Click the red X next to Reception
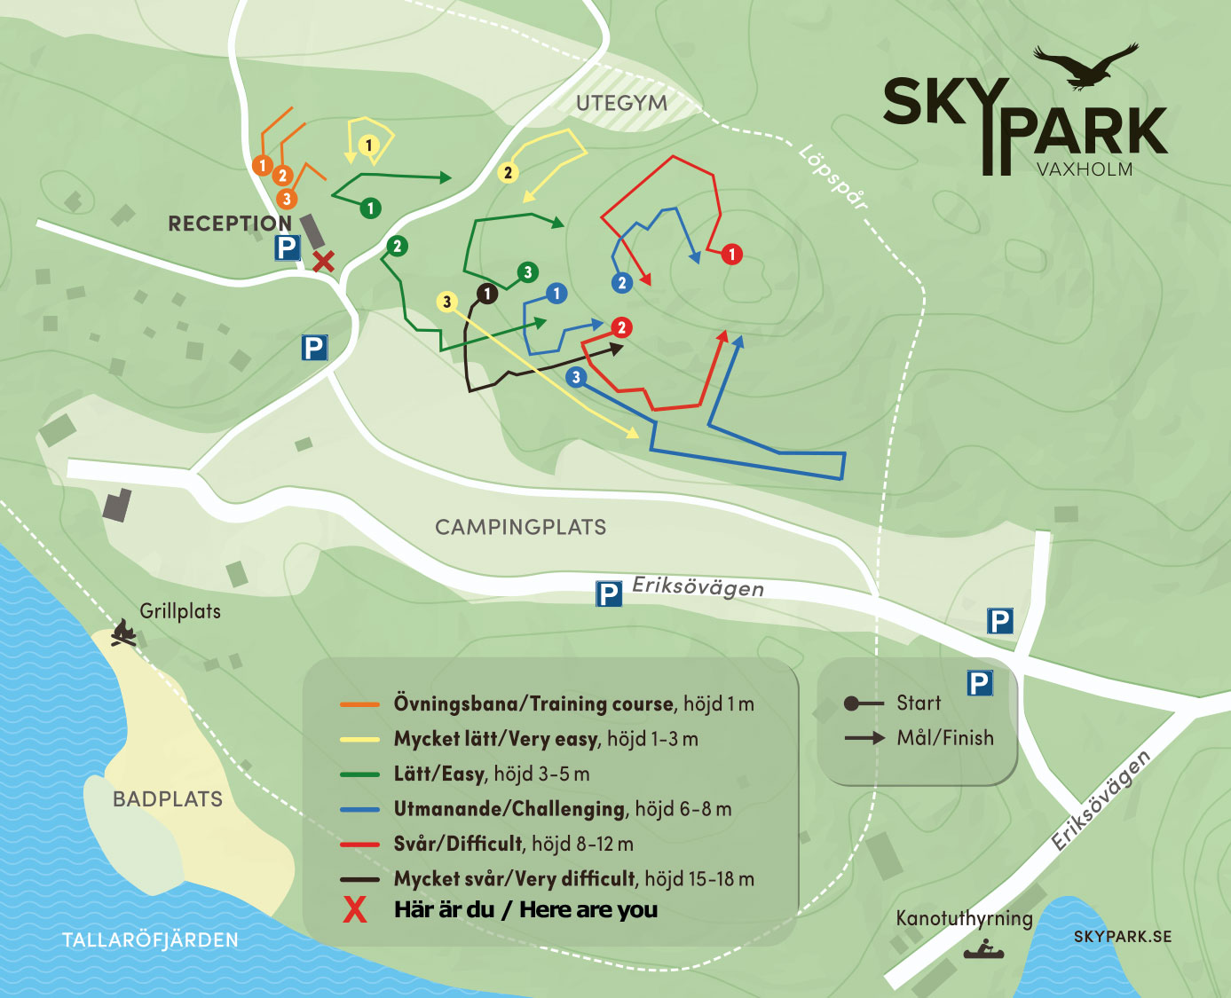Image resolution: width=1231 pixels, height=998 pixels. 324,261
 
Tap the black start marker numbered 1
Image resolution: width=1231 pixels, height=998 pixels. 487,294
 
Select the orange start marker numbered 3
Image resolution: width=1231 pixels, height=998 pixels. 286,199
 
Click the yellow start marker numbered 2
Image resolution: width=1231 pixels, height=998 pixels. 508,173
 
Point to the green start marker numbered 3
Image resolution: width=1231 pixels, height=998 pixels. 528,272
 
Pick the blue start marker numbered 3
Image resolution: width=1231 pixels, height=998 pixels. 576,377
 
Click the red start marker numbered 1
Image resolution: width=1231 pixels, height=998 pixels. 732,255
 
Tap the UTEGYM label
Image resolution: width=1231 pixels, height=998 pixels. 621,104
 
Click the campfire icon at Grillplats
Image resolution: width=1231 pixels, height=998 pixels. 123,633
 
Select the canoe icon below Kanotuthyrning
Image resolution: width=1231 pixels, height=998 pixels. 983,952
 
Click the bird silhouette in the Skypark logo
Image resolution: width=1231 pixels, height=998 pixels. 1087,67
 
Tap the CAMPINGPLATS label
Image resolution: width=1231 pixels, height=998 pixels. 520,527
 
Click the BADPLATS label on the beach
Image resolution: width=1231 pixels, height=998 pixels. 168,799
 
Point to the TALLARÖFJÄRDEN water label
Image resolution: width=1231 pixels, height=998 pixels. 150,940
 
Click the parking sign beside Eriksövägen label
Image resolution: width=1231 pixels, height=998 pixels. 608,593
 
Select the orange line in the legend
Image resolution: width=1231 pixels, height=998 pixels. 359,704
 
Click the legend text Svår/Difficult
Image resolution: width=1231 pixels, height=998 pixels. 458,844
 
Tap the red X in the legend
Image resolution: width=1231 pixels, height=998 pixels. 355,910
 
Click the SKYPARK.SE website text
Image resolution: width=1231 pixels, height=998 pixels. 1122,937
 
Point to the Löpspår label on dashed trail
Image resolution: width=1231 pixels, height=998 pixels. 833,177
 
